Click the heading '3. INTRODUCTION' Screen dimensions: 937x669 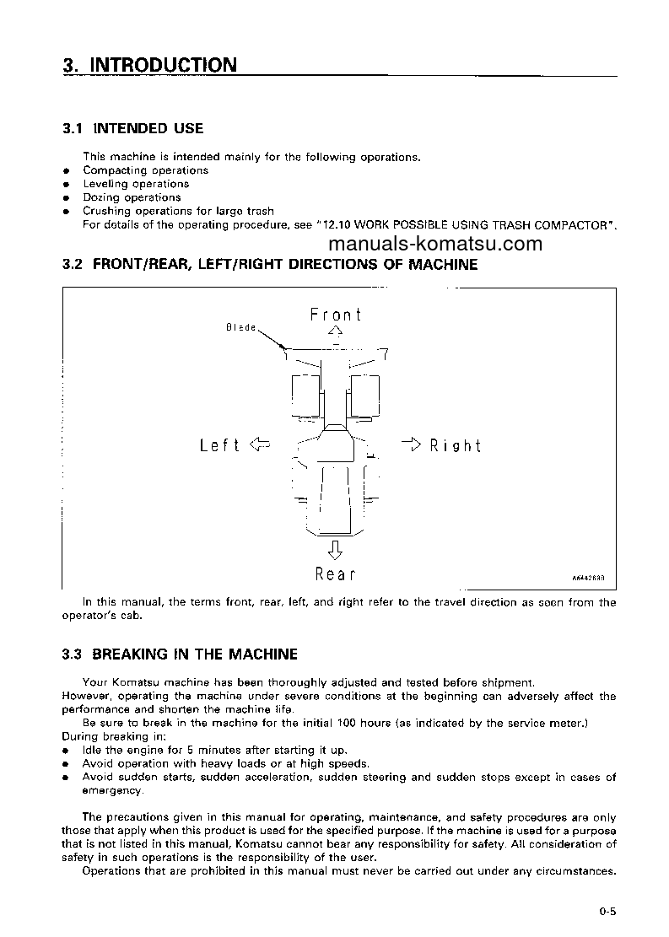149,65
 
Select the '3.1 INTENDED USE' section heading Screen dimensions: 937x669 132,128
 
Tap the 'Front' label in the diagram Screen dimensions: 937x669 336,315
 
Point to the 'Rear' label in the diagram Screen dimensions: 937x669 335,574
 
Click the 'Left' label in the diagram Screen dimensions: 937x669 219,445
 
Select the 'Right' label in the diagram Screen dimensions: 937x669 455,445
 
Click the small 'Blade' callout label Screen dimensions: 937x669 240,327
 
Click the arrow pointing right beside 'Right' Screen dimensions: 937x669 411,444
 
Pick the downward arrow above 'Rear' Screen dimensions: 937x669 335,550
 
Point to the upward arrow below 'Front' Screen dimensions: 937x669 336,332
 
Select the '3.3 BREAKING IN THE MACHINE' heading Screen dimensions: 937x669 180,654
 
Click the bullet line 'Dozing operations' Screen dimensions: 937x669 132,197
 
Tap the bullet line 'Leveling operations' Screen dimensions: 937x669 136,184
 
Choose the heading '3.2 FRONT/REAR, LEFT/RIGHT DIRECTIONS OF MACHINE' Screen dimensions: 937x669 270,265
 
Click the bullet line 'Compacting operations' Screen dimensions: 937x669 145,170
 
